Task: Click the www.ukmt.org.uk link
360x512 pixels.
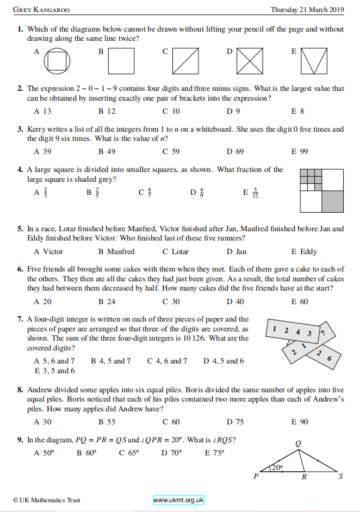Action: click(x=178, y=500)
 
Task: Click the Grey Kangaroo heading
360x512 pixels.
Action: click(x=41, y=10)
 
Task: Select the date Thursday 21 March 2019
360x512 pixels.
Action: click(x=307, y=10)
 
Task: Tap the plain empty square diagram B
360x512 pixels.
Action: click(x=121, y=61)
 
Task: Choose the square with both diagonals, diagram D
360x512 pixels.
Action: click(x=250, y=61)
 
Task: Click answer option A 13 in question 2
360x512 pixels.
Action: click(x=42, y=111)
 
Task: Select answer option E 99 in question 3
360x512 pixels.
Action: click(x=299, y=151)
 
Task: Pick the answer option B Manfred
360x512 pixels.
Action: click(x=116, y=251)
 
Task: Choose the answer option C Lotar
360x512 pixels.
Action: click(x=176, y=251)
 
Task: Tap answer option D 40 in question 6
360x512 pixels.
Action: click(x=235, y=301)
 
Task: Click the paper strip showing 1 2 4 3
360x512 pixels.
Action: click(x=293, y=331)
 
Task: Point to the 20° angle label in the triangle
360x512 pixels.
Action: click(x=277, y=467)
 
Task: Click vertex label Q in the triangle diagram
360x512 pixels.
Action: click(x=297, y=443)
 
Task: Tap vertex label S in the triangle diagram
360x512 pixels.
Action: click(x=340, y=478)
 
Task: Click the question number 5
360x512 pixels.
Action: click(x=20, y=229)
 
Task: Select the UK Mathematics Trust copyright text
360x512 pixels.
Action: click(x=47, y=500)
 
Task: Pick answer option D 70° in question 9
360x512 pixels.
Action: click(x=172, y=452)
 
